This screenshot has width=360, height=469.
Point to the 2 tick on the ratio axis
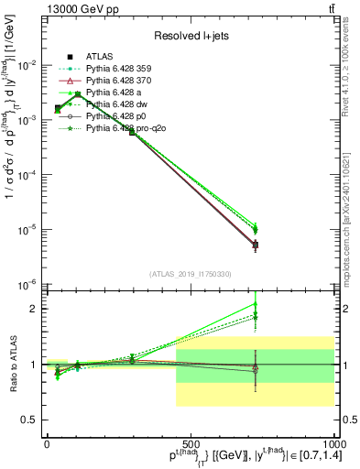pyautogui.click(x=34, y=309)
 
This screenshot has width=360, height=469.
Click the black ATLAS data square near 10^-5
pyautogui.click(x=256, y=245)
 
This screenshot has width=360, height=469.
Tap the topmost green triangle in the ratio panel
pyautogui.click(x=256, y=304)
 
